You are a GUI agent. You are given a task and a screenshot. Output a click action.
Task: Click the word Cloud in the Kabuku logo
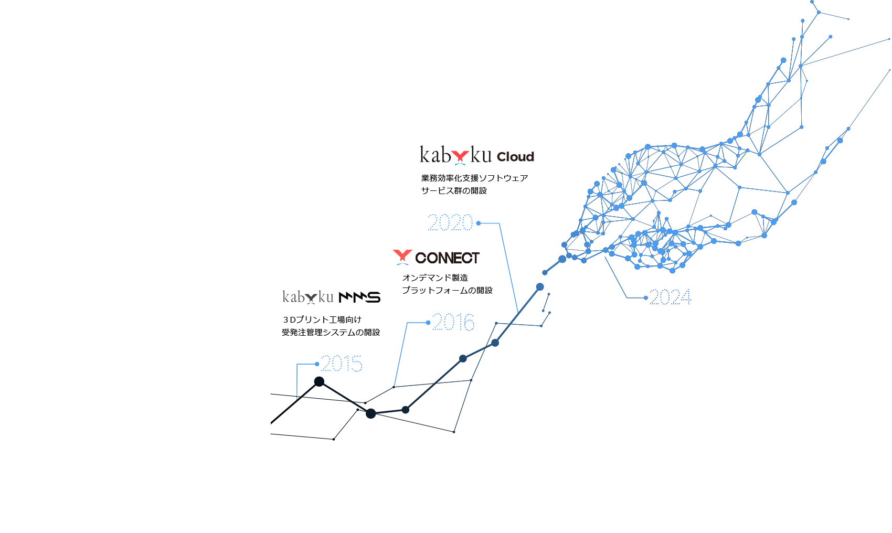click(x=515, y=157)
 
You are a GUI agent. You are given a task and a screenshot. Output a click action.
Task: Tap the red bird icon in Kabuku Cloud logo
click(x=460, y=156)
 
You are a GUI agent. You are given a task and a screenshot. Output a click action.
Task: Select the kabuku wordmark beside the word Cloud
click(x=455, y=155)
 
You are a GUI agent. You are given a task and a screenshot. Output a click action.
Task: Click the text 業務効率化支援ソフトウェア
click(x=474, y=178)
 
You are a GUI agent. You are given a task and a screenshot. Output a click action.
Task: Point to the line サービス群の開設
click(x=454, y=191)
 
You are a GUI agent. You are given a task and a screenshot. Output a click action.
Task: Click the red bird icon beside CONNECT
click(x=402, y=255)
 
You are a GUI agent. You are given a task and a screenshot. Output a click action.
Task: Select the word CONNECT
click(x=447, y=258)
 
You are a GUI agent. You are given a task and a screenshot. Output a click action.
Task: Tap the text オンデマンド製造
click(x=435, y=278)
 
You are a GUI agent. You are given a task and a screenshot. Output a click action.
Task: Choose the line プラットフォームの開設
click(x=447, y=291)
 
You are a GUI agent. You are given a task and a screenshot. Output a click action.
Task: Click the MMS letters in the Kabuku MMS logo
click(x=359, y=297)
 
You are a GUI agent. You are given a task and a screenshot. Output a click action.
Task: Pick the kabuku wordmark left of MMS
click(x=308, y=297)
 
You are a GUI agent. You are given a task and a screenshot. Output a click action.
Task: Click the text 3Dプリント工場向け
click(x=322, y=320)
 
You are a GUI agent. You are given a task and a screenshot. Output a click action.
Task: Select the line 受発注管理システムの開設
click(x=331, y=333)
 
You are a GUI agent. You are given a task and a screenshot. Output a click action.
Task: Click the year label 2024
click(x=670, y=297)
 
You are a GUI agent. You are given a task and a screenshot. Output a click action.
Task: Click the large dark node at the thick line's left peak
click(x=319, y=381)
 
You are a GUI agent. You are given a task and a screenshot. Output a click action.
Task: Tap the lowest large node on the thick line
click(x=371, y=413)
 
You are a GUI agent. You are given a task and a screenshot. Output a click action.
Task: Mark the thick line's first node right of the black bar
click(x=540, y=287)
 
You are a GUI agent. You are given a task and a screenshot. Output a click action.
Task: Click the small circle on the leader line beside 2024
click(x=645, y=298)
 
